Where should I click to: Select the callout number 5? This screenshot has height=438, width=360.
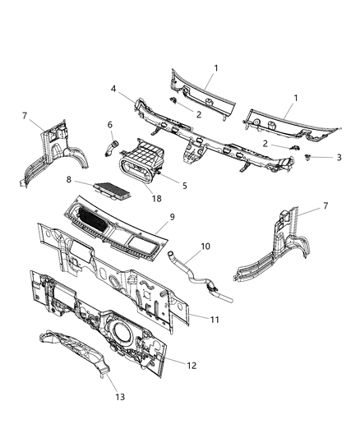click(x=185, y=186)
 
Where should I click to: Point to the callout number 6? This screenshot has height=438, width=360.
click(x=109, y=125)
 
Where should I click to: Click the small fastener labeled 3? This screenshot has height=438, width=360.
click(x=306, y=154)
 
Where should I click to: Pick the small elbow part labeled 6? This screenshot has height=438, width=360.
click(x=106, y=148)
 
